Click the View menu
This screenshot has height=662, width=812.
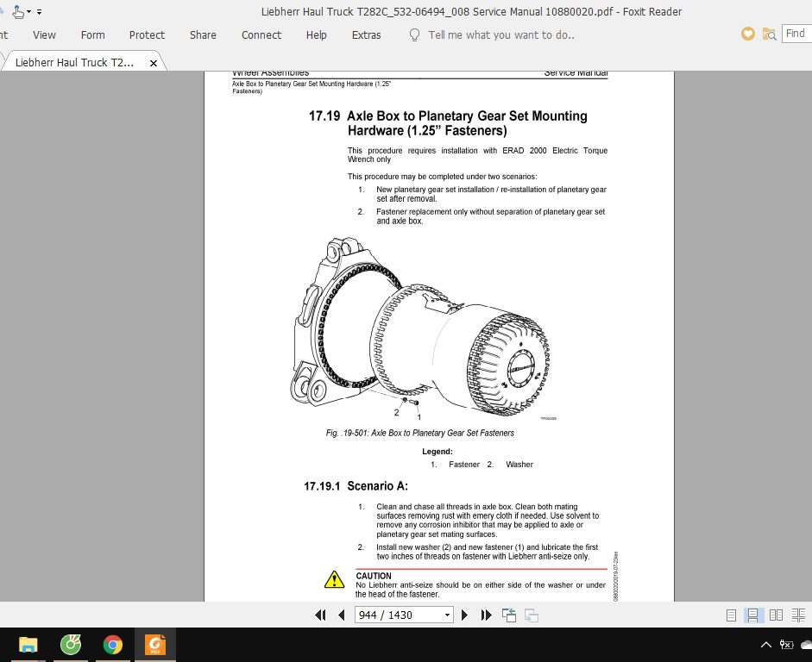[44, 35]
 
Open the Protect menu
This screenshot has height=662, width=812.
[147, 35]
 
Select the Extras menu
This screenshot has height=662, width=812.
[366, 35]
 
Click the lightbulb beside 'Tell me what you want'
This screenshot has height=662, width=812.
[414, 35]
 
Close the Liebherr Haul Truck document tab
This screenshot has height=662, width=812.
[154, 63]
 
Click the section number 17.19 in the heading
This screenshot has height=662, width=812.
[324, 116]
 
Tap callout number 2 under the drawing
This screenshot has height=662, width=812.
[397, 413]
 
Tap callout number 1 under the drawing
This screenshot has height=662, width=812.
[419, 416]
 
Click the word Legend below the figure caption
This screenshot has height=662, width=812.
[437, 452]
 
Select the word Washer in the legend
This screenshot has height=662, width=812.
[519, 465]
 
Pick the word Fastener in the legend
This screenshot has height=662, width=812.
[464, 465]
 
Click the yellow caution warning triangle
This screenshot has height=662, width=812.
[334, 580]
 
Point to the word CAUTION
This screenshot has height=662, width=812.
[374, 576]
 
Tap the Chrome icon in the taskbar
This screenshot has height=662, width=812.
[112, 644]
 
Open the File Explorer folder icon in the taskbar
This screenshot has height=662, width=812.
[28, 644]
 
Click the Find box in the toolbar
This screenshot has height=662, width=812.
[795, 34]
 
